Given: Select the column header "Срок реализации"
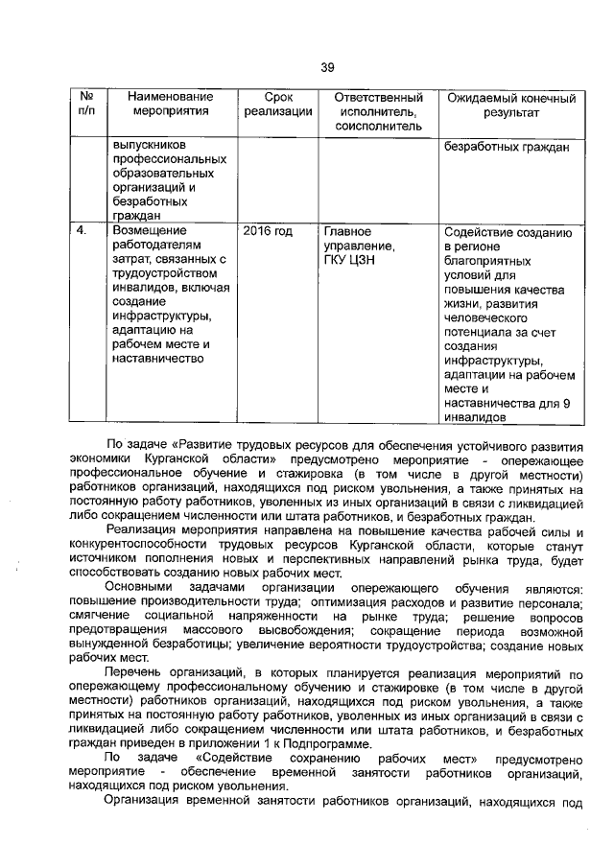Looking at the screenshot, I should [x=277, y=105].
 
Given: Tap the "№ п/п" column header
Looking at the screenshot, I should [x=86, y=105].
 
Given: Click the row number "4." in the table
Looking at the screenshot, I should [x=83, y=231].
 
